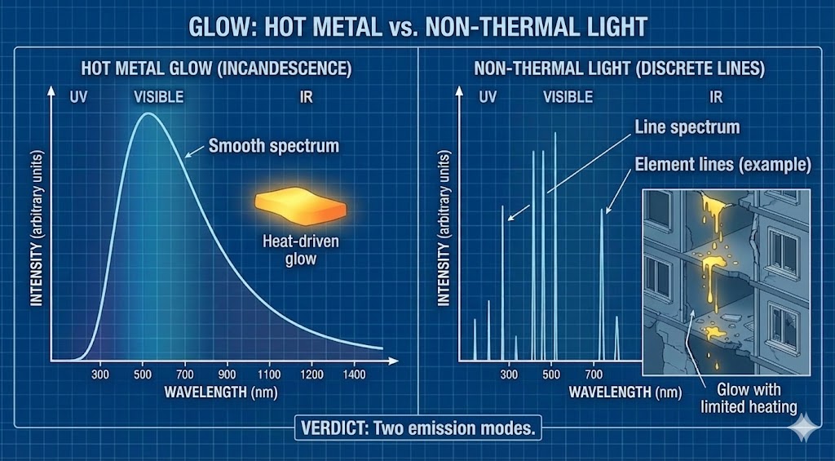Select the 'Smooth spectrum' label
point(272,147)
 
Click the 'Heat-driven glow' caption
point(289,250)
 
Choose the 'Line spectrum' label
point(687,127)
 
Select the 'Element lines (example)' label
point(722,164)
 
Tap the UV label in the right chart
point(487,97)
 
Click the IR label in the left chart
point(306,97)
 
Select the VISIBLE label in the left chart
point(159,97)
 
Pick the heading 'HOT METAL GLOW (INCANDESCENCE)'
point(216,69)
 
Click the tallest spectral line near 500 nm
point(554,245)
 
